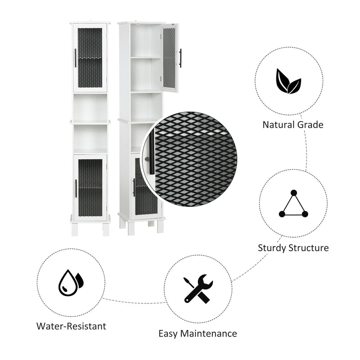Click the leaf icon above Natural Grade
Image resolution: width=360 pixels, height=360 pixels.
pos(288,81)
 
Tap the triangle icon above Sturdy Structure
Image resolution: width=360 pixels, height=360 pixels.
pos(293,204)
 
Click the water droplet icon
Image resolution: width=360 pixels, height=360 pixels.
pos(71,283)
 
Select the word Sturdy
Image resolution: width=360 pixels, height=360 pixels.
pos(272,248)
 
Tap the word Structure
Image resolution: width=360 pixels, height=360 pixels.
pos(309,248)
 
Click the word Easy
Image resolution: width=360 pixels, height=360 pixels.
pos(168,334)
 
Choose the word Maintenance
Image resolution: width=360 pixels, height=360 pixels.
pos(209,333)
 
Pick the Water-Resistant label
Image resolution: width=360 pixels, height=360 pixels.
pos(71,326)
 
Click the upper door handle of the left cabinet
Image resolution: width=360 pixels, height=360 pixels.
pos(76,58)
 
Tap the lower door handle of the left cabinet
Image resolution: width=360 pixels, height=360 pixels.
pos(76,189)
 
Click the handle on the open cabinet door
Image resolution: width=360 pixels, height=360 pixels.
pos(180,58)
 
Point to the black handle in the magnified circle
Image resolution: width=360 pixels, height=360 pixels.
pos(152,152)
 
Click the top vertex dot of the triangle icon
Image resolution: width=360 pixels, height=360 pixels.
pos(294,193)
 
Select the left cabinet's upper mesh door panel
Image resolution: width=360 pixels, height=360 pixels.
pos(90,58)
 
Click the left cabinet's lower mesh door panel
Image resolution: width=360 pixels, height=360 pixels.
pos(90,188)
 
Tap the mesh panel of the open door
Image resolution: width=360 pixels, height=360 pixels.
pos(169,58)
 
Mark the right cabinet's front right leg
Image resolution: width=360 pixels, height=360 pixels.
pos(161,226)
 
